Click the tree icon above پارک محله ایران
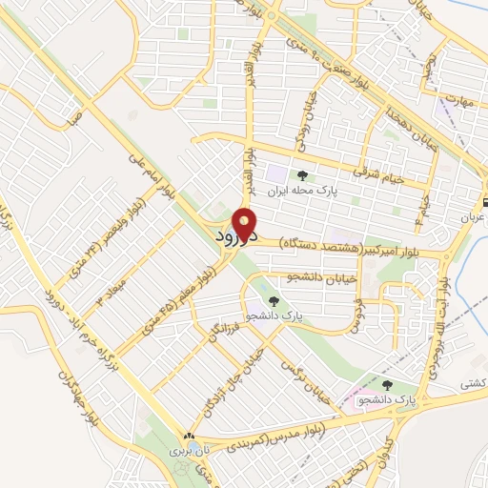(x=303, y=174)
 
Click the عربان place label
(x=474, y=217)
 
